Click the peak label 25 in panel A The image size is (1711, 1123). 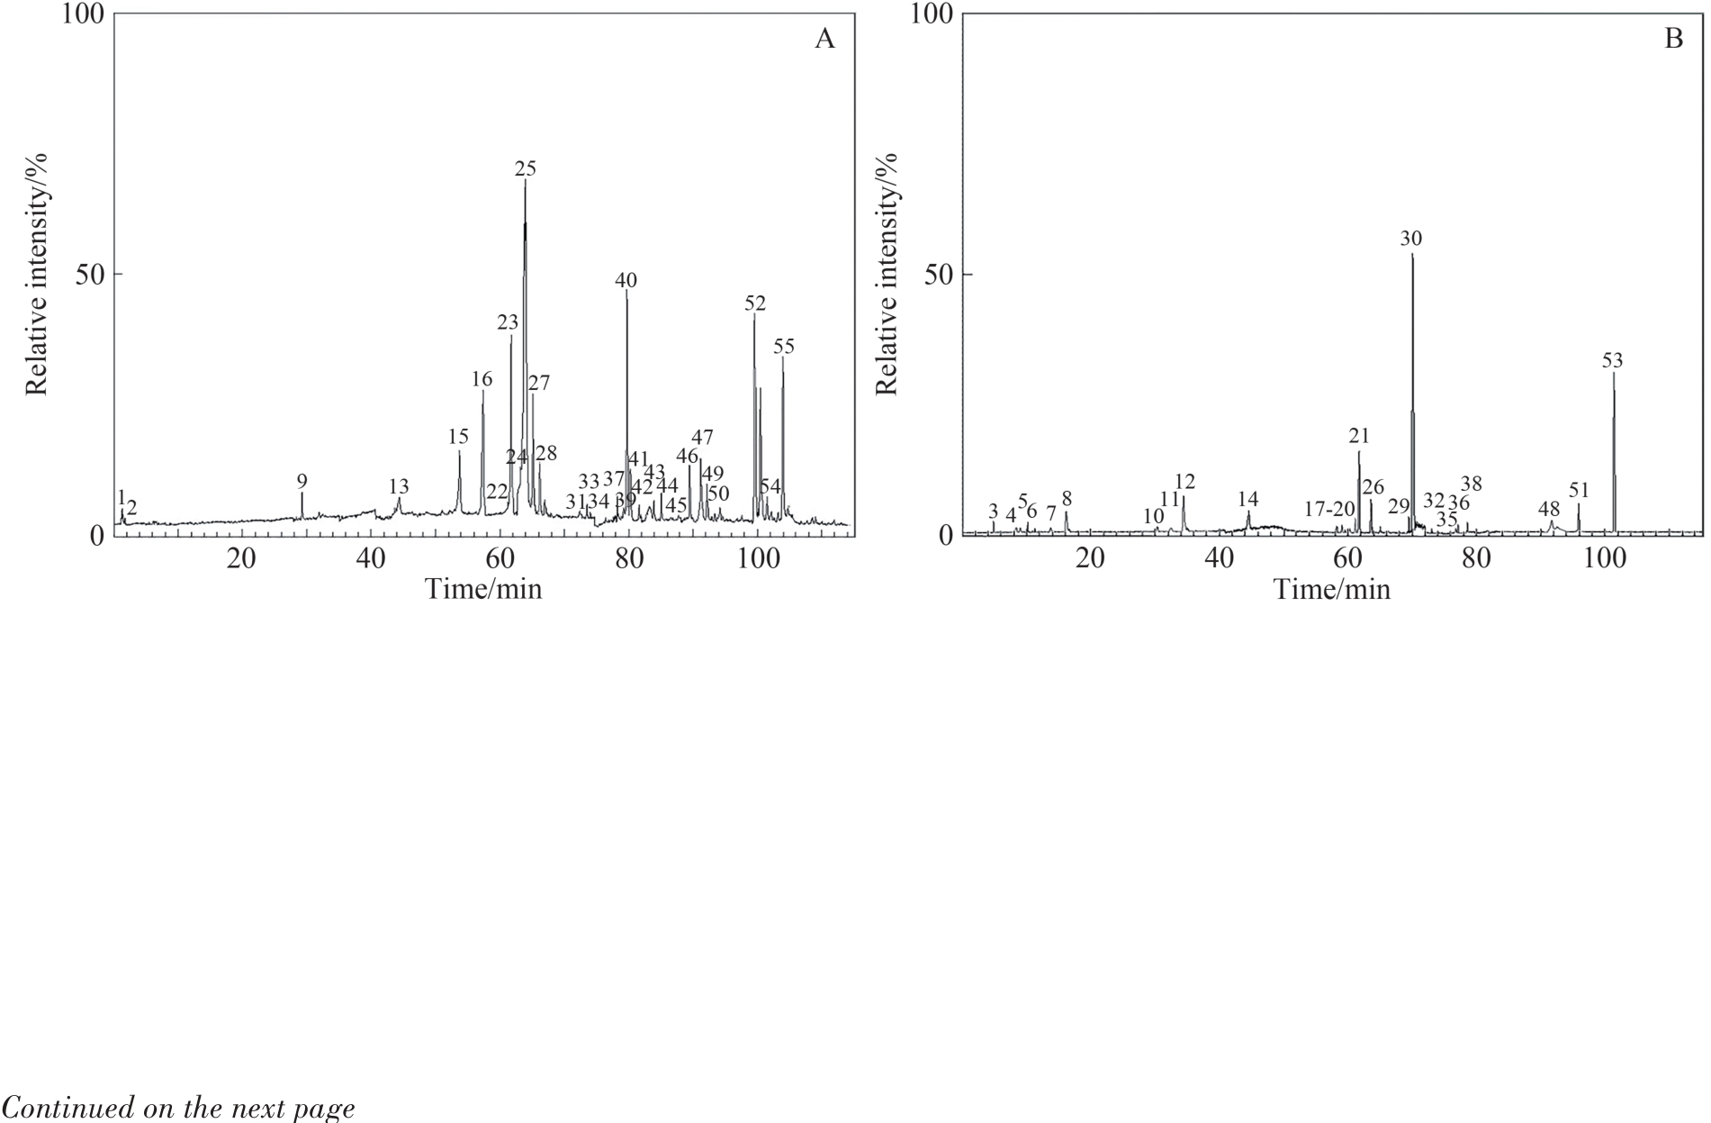(525, 168)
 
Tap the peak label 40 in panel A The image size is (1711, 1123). (626, 280)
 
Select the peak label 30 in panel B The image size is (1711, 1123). (1411, 239)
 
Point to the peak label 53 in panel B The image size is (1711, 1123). (1612, 360)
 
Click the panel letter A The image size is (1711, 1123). (824, 39)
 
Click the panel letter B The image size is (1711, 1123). (1673, 39)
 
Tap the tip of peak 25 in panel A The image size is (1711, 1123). (525, 181)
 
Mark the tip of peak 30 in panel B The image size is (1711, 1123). (1412, 255)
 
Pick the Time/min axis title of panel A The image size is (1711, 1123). (483, 590)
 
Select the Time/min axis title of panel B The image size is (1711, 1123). (1331, 590)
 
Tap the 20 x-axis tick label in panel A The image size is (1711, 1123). (241, 559)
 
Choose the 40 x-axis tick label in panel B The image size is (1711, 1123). (1220, 559)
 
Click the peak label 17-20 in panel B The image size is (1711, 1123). (1330, 510)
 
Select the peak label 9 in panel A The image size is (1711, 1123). (302, 481)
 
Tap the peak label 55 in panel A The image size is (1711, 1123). (783, 347)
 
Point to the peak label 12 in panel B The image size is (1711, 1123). (1184, 482)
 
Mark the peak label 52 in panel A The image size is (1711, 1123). (754, 303)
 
